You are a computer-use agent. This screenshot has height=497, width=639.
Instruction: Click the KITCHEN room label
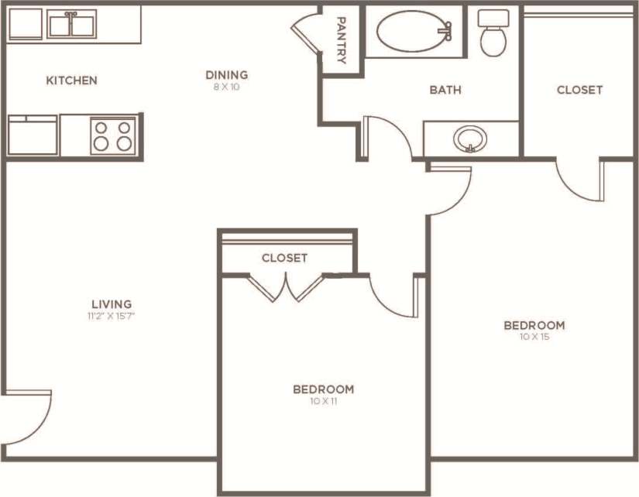tap(71, 81)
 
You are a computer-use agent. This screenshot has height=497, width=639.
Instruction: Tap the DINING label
tap(226, 75)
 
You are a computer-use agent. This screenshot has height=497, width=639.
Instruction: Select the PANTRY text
tap(341, 41)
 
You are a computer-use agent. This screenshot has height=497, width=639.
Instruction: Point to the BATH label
tap(445, 90)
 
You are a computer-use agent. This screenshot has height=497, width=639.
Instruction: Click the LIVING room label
tap(112, 304)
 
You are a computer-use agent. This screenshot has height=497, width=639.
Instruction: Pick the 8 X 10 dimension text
tap(226, 87)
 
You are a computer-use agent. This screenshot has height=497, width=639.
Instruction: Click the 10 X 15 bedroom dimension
tap(534, 337)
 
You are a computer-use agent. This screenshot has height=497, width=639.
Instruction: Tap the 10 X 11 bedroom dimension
tap(323, 401)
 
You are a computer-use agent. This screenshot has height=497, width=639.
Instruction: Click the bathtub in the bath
tap(414, 31)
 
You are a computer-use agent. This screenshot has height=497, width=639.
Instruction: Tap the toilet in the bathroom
tap(493, 33)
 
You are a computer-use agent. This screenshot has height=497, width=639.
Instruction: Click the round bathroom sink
tap(470, 140)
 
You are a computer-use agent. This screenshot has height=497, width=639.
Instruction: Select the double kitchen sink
tap(71, 24)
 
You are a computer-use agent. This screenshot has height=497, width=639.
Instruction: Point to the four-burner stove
tap(113, 135)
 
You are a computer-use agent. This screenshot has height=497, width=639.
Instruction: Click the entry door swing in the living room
tap(29, 416)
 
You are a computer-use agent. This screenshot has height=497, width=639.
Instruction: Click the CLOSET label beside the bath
tap(579, 90)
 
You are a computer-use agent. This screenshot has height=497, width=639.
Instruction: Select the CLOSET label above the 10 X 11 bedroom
tap(284, 258)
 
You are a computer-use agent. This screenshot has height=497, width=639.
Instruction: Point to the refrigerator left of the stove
tap(33, 135)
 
